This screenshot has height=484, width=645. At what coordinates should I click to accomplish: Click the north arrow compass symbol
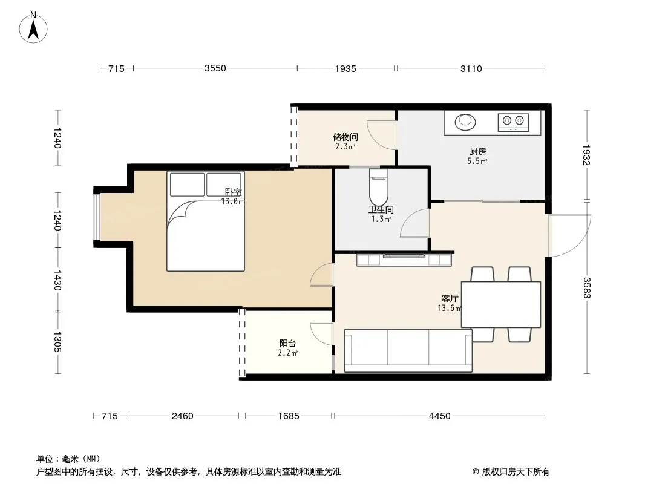(x=33, y=28)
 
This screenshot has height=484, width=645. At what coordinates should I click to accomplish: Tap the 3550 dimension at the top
(x=215, y=68)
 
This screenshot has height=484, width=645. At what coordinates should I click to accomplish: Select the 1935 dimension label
(x=345, y=69)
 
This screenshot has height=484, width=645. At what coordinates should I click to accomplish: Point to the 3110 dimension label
(x=471, y=69)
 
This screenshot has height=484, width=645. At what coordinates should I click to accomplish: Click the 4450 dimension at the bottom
(x=440, y=416)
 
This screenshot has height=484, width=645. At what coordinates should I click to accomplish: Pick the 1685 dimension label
(x=289, y=416)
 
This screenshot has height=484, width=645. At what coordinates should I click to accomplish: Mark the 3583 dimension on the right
(x=586, y=288)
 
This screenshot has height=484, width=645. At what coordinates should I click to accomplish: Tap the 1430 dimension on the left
(x=57, y=280)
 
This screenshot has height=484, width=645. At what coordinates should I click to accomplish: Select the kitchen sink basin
(x=465, y=122)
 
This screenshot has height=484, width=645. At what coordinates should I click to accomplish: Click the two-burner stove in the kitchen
(x=513, y=122)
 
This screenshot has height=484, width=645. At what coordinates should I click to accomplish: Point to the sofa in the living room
(x=408, y=351)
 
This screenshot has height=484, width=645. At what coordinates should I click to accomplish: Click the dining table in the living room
(x=501, y=304)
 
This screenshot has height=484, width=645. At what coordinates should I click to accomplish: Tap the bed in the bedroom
(x=206, y=221)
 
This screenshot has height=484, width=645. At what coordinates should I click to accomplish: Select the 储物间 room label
(x=345, y=137)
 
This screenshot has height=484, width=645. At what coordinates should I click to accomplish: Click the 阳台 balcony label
(x=287, y=344)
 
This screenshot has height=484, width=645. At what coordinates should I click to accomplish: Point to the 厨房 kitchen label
(x=477, y=152)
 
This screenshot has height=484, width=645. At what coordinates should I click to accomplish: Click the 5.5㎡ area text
(x=477, y=161)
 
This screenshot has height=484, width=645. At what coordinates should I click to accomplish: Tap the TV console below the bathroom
(x=404, y=260)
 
